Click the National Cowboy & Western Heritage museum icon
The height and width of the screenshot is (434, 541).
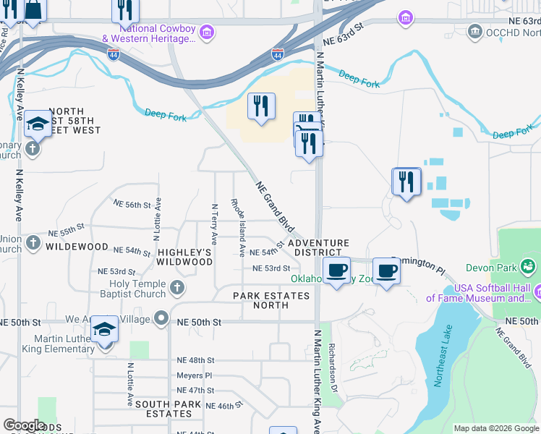[x=208, y=31]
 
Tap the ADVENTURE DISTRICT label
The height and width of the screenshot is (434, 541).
[x=318, y=248]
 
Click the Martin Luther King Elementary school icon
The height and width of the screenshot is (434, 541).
[x=105, y=330]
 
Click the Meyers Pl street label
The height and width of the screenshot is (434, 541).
[x=195, y=375]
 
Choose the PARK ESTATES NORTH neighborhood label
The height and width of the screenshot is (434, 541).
[x=271, y=301]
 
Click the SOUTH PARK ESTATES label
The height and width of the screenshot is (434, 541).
[x=163, y=409]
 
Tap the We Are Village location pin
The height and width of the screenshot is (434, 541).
[x=161, y=318]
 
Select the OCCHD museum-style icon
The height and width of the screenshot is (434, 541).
[x=475, y=31]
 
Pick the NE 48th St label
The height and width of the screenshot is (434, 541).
[x=196, y=359]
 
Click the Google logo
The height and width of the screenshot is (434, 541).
[x=24, y=425]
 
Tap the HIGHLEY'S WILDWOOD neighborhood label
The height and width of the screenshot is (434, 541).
[x=185, y=257]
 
